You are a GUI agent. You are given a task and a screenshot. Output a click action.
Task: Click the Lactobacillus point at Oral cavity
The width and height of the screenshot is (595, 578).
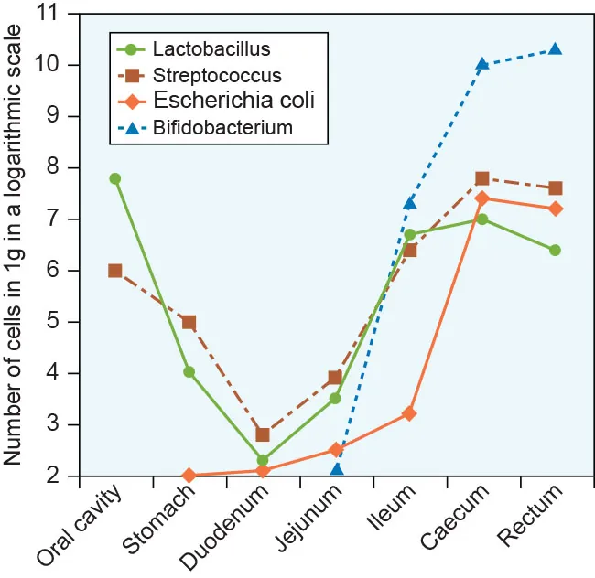click(x=115, y=179)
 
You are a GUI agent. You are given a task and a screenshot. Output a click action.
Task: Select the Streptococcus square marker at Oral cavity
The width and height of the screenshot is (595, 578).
click(x=115, y=271)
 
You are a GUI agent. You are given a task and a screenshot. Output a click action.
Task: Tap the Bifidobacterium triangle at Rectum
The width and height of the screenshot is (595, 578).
click(x=555, y=49)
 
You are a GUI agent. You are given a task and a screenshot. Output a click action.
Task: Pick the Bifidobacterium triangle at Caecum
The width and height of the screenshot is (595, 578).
click(x=482, y=64)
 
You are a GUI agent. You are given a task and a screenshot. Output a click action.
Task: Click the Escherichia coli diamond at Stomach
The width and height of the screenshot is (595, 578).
click(x=189, y=476)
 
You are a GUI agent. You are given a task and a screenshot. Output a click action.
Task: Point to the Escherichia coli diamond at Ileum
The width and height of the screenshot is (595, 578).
click(x=409, y=413)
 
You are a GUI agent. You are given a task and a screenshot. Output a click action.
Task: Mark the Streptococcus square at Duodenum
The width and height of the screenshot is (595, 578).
click(x=263, y=434)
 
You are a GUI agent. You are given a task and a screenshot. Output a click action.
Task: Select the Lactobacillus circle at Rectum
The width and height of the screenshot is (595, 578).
click(x=555, y=250)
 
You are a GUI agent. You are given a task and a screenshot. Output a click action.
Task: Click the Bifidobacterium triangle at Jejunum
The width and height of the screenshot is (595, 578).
click(x=337, y=469)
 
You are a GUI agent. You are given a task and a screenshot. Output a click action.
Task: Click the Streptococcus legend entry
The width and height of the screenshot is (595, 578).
click(x=217, y=75)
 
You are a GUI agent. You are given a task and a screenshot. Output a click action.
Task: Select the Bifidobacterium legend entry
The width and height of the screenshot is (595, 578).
click(x=223, y=127)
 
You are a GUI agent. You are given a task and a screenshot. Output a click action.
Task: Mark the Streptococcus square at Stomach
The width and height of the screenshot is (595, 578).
click(x=189, y=322)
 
